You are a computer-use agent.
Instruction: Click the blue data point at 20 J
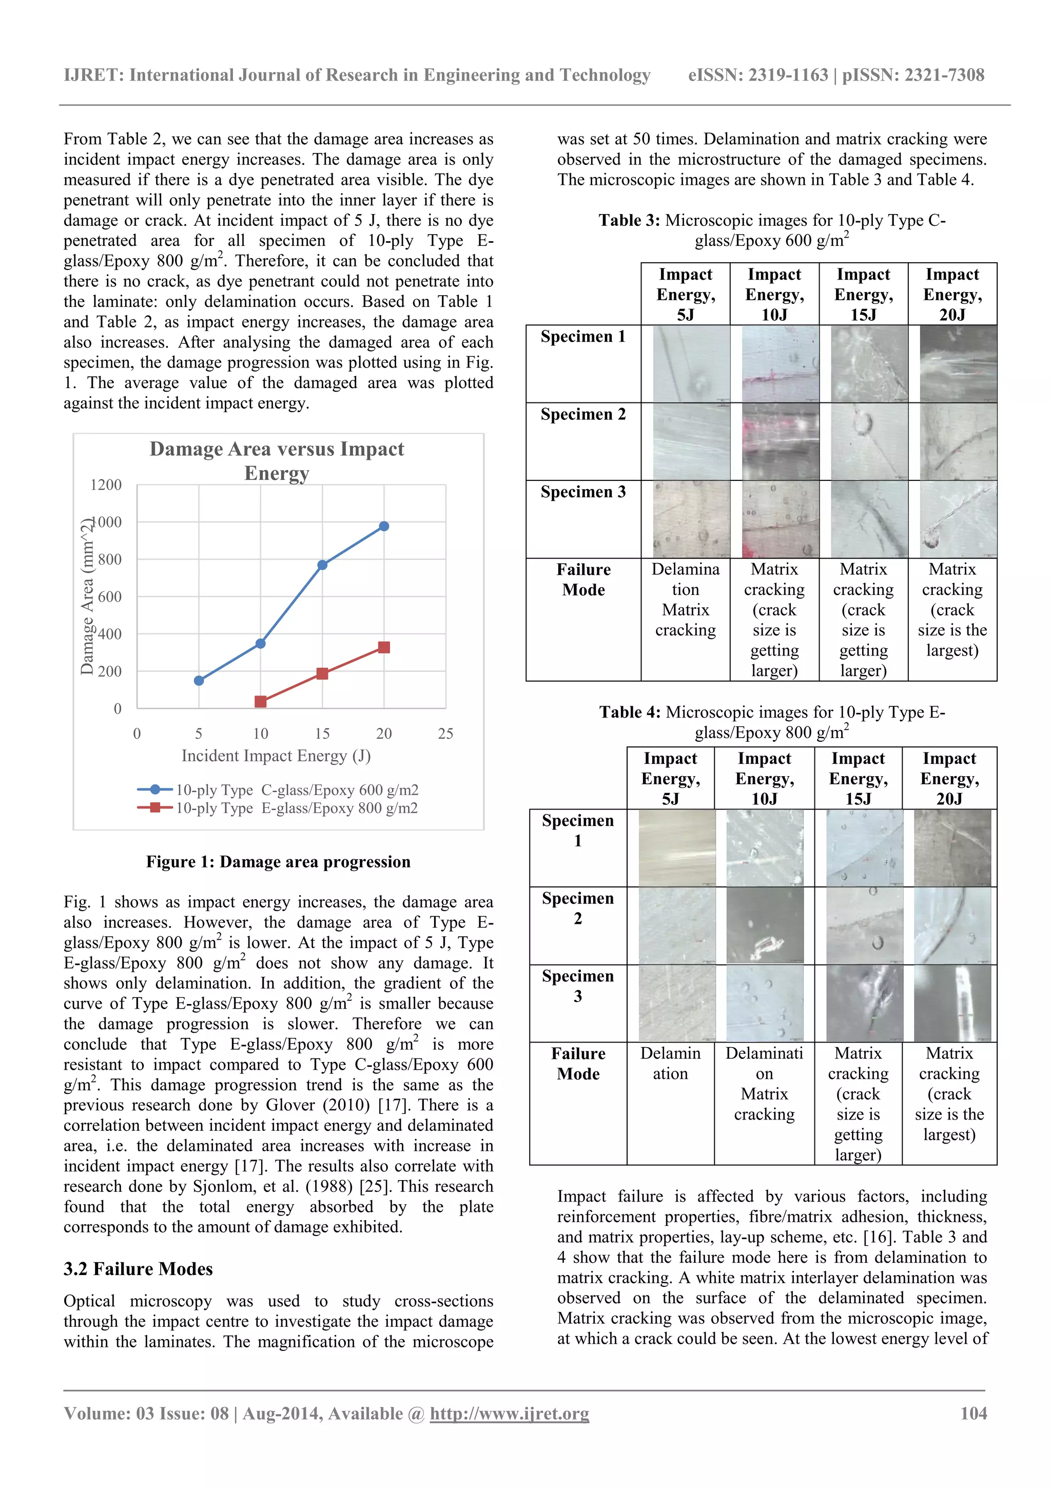coord(384,526)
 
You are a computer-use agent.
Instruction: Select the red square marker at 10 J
coord(260,701)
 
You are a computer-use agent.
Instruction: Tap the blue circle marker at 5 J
coord(199,680)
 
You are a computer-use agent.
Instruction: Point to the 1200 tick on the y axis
coord(106,485)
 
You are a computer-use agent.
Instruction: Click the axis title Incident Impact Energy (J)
coord(276,756)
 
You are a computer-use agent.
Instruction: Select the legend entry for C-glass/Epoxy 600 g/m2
coord(297,789)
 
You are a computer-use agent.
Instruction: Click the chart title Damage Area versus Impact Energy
coord(277,460)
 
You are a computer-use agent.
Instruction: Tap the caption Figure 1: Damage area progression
coord(278,861)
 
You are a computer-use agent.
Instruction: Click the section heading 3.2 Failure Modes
coord(138,1269)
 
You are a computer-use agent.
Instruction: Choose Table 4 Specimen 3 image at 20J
coord(952,1002)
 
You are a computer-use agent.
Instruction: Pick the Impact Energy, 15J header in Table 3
coord(863,294)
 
